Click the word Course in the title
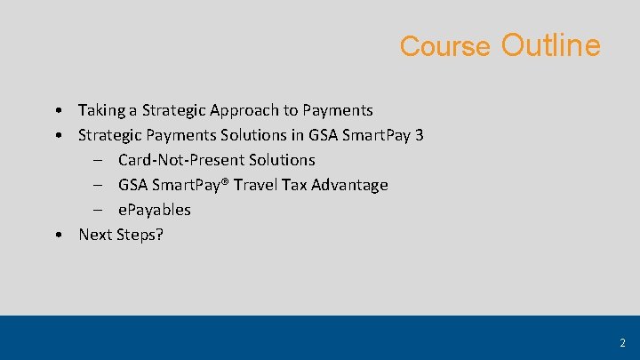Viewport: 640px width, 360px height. point(444,46)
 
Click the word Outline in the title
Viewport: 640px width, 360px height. point(550,44)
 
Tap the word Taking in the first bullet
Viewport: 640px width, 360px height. point(101,110)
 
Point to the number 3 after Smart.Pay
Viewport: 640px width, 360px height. point(419,135)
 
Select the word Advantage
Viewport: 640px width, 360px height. point(354,185)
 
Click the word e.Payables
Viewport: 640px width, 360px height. point(154,210)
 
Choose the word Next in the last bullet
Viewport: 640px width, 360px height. point(95,235)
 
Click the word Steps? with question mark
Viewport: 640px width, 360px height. point(140,235)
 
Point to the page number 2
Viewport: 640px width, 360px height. point(622,342)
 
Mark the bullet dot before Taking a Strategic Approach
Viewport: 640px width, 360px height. point(57,111)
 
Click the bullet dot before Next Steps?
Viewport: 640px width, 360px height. point(57,236)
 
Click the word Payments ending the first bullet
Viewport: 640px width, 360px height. point(338,110)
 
